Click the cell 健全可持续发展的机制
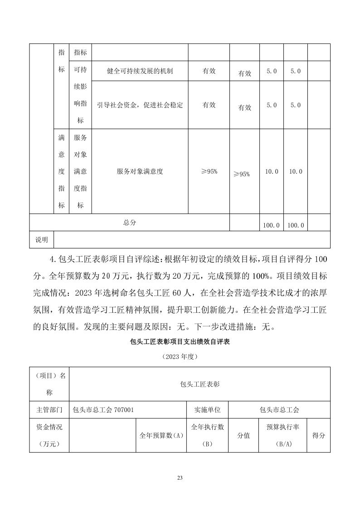click(x=140, y=71)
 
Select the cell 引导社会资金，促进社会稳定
click(x=140, y=105)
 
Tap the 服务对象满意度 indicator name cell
click(x=140, y=171)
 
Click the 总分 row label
click(x=130, y=223)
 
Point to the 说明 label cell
click(x=42, y=239)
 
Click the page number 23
click(x=180, y=478)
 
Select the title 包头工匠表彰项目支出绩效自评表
click(x=180, y=342)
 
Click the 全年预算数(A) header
click(x=161, y=436)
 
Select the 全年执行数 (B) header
click(x=208, y=436)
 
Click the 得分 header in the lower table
click(x=319, y=436)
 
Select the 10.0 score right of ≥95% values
click(x=272, y=171)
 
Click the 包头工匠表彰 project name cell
click(x=199, y=384)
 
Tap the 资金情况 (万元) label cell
click(x=49, y=436)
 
